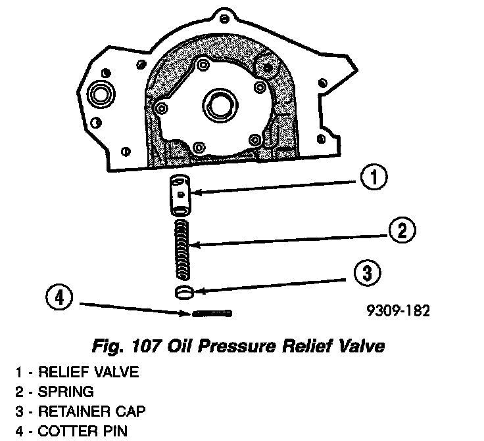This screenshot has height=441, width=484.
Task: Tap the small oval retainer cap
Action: click(185, 291)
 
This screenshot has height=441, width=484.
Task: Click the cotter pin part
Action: click(210, 313)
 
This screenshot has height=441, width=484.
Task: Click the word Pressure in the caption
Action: click(240, 345)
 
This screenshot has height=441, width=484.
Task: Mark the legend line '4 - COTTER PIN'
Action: click(73, 432)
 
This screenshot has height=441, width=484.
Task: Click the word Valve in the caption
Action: click(361, 345)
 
